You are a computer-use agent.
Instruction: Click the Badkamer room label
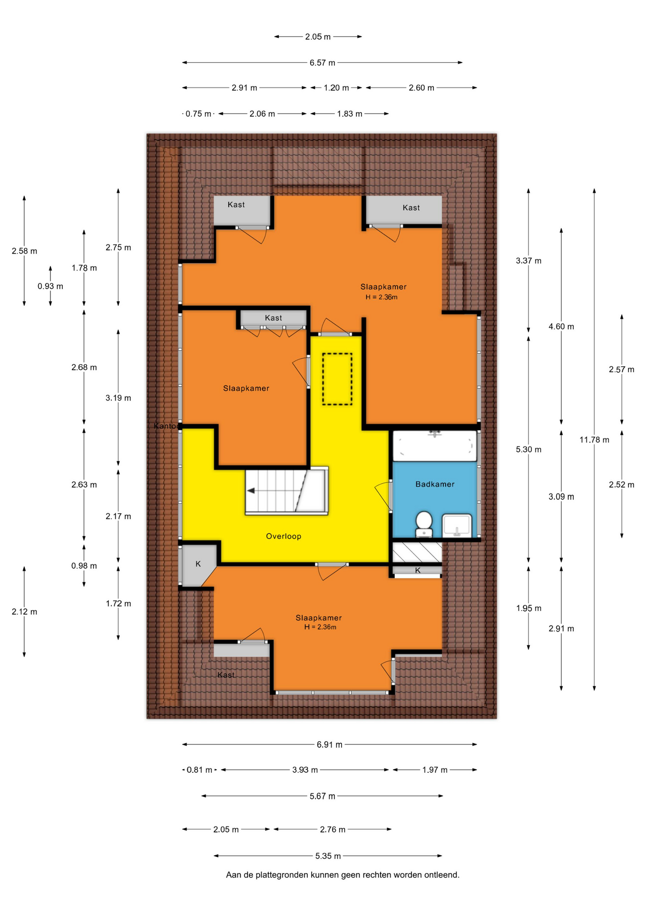pos(435,484)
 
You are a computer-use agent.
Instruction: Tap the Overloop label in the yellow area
pos(284,536)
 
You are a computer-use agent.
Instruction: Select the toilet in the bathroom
pos(423,524)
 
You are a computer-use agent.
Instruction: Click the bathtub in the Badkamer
pos(435,446)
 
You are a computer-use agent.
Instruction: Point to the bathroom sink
pos(457,525)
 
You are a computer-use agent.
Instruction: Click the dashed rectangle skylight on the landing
pos(337,379)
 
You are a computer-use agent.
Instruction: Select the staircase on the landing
pos(286,491)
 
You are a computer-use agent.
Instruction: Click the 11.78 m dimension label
pos(594,440)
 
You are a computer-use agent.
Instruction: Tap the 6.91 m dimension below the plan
pos(330,745)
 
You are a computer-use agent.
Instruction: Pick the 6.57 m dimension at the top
pos(323,63)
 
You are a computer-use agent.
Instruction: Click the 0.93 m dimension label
pos(50,286)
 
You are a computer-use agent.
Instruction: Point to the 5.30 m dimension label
pos(529,449)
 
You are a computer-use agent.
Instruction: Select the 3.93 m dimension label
pos(305,770)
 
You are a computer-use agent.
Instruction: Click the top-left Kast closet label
pos(236,204)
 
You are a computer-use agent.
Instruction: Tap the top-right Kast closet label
pos(411,208)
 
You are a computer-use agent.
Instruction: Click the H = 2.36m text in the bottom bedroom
pos(320,627)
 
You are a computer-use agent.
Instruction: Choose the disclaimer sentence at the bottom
pos(343,875)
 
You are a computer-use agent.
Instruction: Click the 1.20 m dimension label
pos(336,88)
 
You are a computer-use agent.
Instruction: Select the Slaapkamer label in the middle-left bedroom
pos(246,389)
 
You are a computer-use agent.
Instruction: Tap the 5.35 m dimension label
pos(328,856)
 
